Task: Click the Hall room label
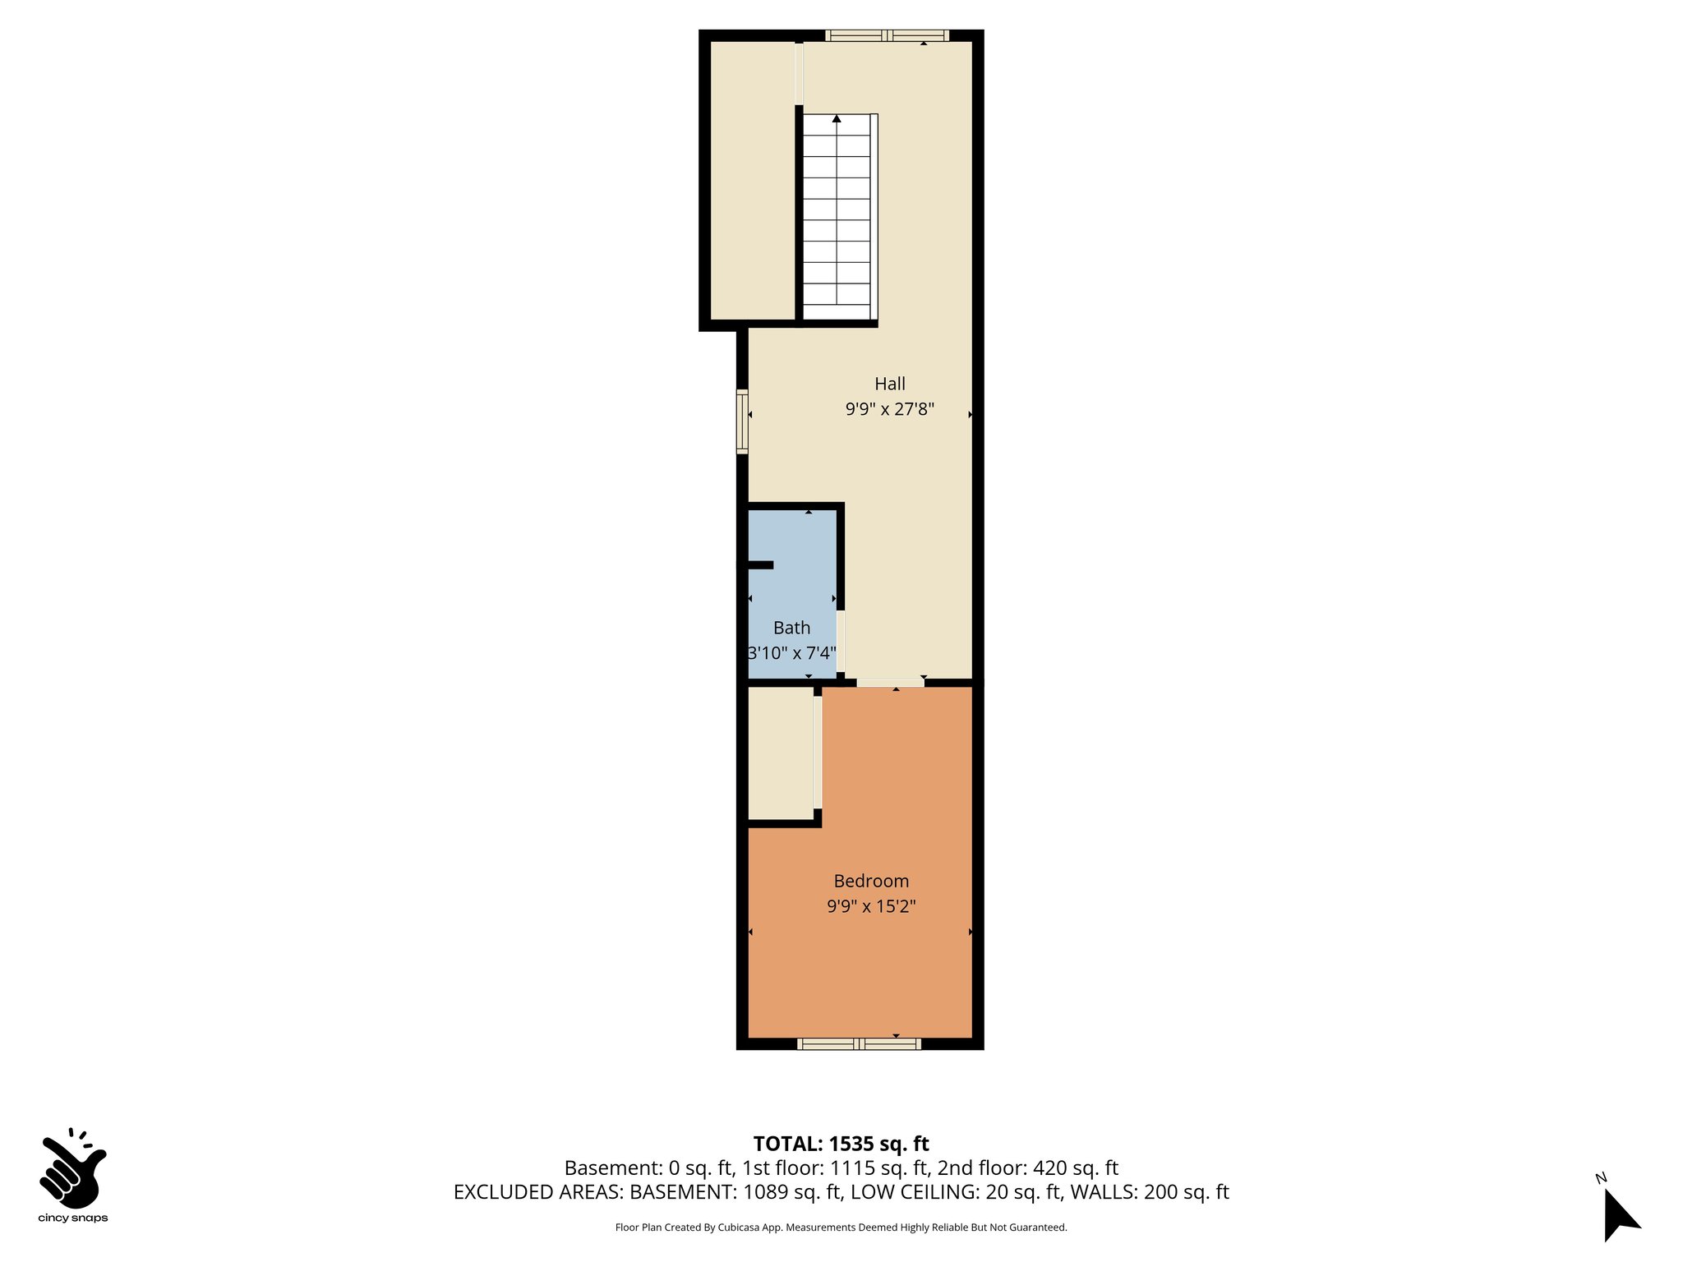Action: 889,384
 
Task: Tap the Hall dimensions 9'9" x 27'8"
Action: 889,409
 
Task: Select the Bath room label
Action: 791,628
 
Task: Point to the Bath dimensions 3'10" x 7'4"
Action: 791,653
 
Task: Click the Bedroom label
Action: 871,881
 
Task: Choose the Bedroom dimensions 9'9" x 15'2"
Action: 871,906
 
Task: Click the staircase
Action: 837,218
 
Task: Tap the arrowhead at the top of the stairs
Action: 837,119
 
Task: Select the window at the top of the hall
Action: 887,35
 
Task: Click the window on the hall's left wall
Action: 742,421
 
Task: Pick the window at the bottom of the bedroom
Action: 859,1043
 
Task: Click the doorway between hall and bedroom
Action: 890,682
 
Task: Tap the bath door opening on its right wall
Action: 841,641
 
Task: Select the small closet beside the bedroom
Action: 780,752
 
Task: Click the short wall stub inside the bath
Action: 759,564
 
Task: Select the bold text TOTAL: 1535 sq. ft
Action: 841,1144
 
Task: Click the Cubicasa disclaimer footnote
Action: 841,1227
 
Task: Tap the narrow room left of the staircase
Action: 752,181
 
